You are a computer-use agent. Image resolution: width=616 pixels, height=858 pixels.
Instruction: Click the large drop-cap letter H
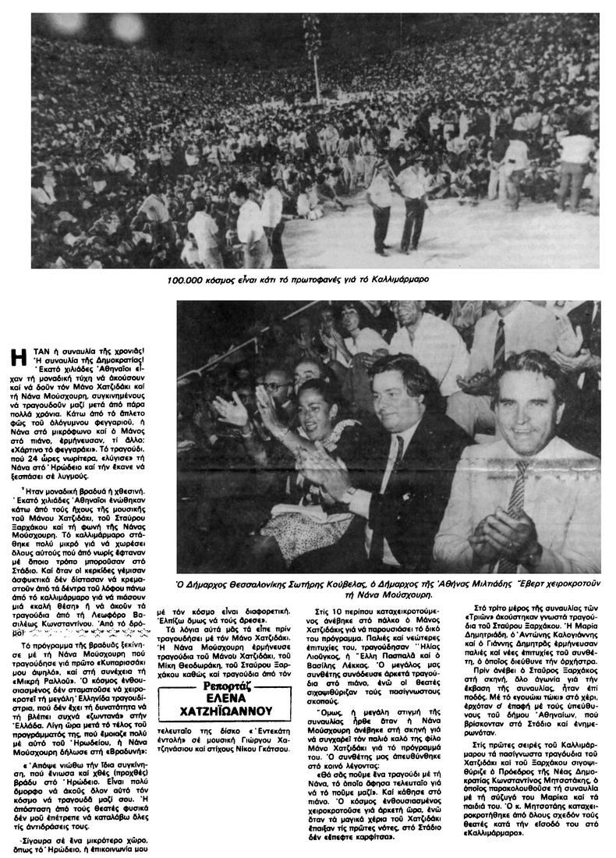click(19, 359)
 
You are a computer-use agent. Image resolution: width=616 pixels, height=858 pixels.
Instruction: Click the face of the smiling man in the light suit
click(529, 406)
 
